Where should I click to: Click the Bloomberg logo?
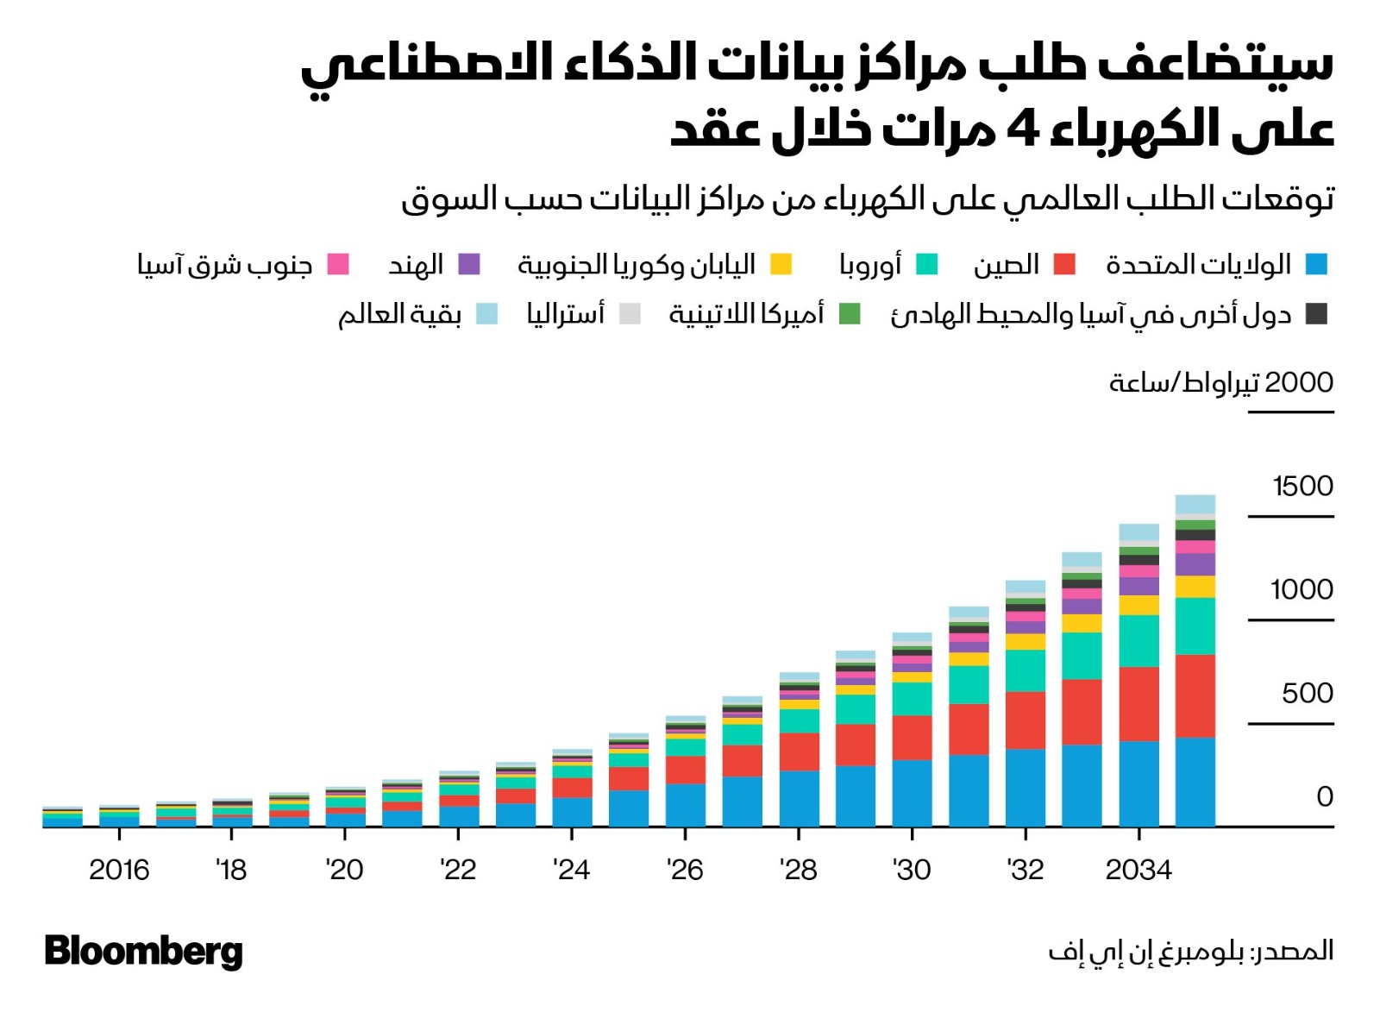[143, 951]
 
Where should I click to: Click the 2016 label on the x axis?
[119, 870]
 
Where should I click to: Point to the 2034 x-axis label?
[1138, 870]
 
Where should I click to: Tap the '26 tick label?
[685, 870]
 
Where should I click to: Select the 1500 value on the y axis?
[1302, 487]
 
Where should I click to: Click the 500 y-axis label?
[1308, 694]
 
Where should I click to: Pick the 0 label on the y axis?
[1325, 796]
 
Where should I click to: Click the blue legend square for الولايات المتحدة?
[1316, 264]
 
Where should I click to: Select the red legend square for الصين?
[1065, 264]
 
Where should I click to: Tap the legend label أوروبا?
[870, 264]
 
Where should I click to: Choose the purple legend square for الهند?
[469, 264]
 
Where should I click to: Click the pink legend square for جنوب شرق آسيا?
[338, 264]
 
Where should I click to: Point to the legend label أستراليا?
[566, 314]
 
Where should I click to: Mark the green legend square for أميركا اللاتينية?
[850, 314]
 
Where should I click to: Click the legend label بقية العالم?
[399, 314]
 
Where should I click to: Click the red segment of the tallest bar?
[1195, 695]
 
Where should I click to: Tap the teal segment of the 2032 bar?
[1026, 670]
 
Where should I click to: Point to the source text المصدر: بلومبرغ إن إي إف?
[1190, 951]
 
